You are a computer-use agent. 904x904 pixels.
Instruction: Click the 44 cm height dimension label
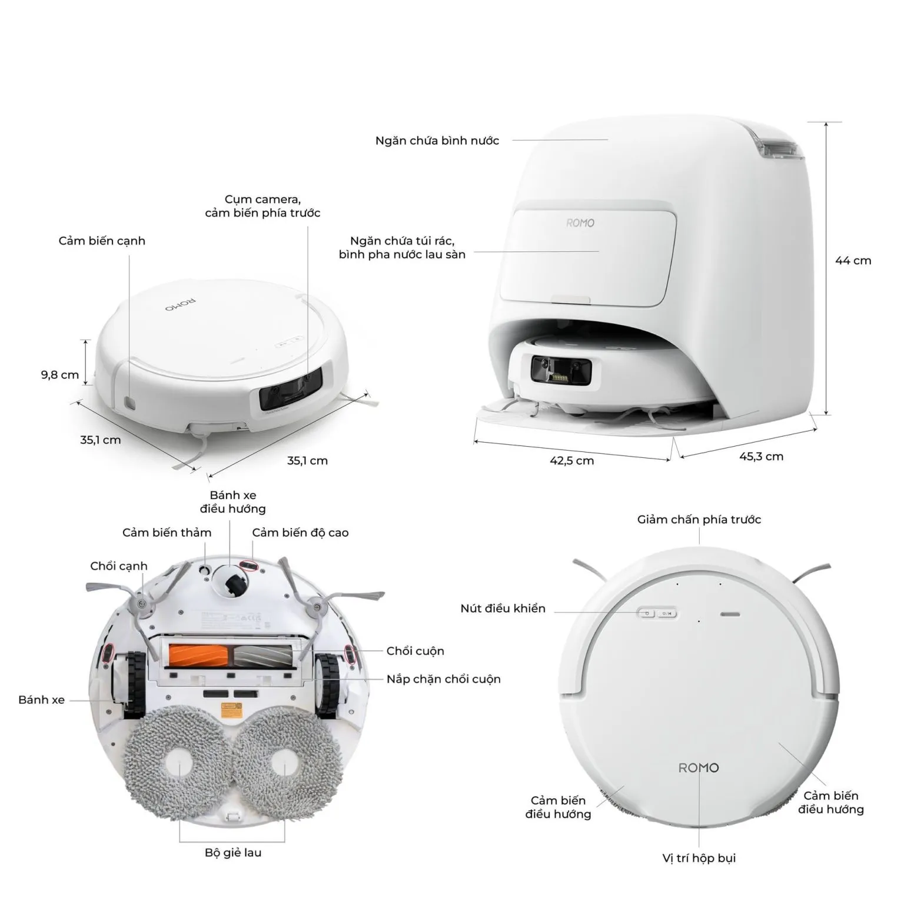(853, 261)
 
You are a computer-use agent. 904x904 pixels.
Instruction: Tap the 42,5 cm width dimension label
(571, 461)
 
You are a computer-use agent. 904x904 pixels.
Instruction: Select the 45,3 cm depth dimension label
(761, 456)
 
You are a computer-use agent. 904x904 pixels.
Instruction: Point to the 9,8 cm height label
(59, 375)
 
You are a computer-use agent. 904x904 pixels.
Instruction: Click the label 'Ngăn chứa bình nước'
(437, 141)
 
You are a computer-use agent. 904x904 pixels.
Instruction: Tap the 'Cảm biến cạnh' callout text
(102, 241)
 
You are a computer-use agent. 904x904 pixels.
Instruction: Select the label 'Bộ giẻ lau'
(233, 852)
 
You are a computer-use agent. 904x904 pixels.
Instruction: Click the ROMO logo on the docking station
(580, 223)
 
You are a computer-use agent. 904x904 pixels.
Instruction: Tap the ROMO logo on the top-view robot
(699, 767)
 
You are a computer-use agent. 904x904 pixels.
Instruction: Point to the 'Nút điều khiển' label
(503, 609)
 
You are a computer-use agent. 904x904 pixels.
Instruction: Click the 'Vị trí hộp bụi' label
(699, 858)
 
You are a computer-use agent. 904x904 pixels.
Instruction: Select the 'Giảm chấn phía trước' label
(699, 520)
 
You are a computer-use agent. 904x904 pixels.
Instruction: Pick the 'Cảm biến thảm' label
(167, 533)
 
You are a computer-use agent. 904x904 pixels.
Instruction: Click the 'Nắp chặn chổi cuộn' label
(444, 679)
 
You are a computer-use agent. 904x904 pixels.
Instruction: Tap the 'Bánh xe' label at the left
(41, 700)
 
